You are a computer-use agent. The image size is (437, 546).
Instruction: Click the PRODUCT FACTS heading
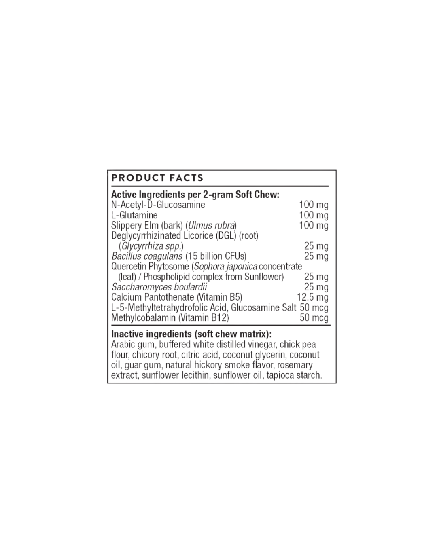(x=157, y=178)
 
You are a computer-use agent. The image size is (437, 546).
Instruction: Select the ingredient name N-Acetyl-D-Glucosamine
(x=158, y=205)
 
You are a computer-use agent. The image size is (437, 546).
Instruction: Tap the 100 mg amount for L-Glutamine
(x=314, y=215)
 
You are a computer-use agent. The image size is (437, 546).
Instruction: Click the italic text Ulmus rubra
(x=211, y=225)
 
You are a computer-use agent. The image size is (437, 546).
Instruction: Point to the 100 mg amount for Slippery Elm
(x=314, y=225)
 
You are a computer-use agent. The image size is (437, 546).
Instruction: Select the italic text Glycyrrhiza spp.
(x=151, y=246)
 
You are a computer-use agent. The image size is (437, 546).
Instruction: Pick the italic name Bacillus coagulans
(x=147, y=256)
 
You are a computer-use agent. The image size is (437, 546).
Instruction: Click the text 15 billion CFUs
(x=216, y=256)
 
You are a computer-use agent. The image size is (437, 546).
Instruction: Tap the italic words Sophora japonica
(x=226, y=267)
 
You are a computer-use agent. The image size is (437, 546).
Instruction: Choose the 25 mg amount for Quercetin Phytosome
(x=316, y=277)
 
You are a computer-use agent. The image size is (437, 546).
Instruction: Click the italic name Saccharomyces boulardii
(x=159, y=287)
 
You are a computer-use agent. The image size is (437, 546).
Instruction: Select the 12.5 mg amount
(x=313, y=297)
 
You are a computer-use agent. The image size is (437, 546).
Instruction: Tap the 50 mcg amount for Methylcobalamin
(x=314, y=317)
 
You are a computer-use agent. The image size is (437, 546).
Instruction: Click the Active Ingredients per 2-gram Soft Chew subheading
(x=195, y=195)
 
